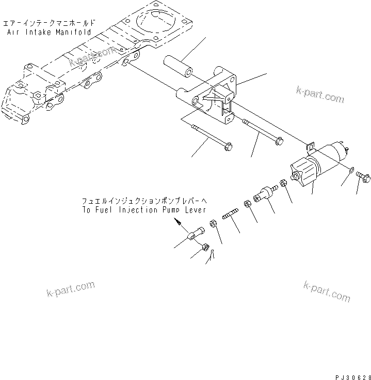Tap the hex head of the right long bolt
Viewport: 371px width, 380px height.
(x=279, y=140)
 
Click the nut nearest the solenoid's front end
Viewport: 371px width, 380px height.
(x=283, y=184)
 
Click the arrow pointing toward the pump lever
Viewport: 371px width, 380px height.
(x=178, y=223)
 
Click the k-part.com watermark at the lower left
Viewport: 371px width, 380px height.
(x=69, y=289)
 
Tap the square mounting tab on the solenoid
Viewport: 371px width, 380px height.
(x=311, y=148)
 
